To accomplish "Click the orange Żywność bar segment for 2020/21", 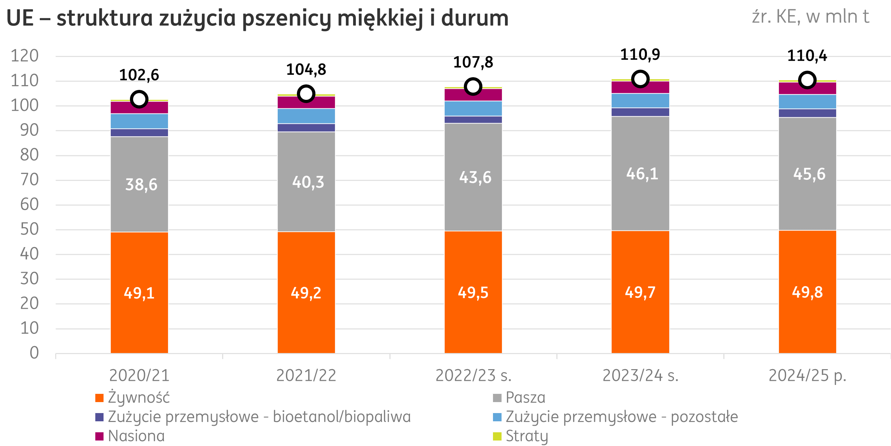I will [x=139, y=263].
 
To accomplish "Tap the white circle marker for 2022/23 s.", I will [x=473, y=86].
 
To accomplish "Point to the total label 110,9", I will [x=640, y=55].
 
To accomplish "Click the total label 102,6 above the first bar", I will [x=139, y=75].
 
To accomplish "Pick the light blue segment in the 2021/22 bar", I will [x=306, y=116].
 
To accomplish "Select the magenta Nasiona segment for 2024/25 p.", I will [x=807, y=89].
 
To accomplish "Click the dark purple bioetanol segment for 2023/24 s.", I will [x=640, y=112].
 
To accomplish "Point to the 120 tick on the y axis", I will [x=25, y=56].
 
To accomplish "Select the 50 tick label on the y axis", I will [x=29, y=229].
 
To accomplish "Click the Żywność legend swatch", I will [x=99, y=398].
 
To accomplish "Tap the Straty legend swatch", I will [x=497, y=436].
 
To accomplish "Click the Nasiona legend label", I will [x=136, y=436].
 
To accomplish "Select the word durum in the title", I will [x=474, y=18].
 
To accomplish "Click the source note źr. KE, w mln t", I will [x=810, y=16].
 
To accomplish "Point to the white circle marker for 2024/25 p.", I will [x=807, y=80].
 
